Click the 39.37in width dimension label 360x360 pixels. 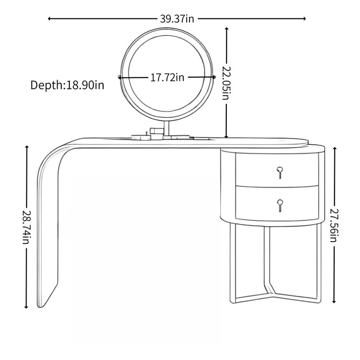pos(177,18)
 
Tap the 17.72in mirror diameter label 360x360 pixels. pos(167,77)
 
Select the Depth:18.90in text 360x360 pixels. pos(67,85)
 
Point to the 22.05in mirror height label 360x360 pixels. pos(226,83)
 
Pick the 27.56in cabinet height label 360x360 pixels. pos(334,225)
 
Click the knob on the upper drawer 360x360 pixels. pos(279,172)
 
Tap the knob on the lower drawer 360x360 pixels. pos(280,205)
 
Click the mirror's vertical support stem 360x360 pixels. pos(166,128)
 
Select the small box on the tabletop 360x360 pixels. pos(157,134)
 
